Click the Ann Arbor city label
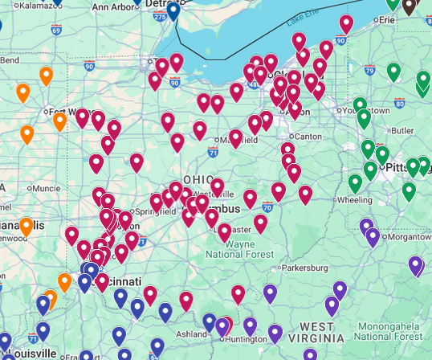(116, 6)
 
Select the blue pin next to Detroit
(173, 11)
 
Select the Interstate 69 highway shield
(55, 30)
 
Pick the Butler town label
(402, 130)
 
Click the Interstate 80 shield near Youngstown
(399, 104)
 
